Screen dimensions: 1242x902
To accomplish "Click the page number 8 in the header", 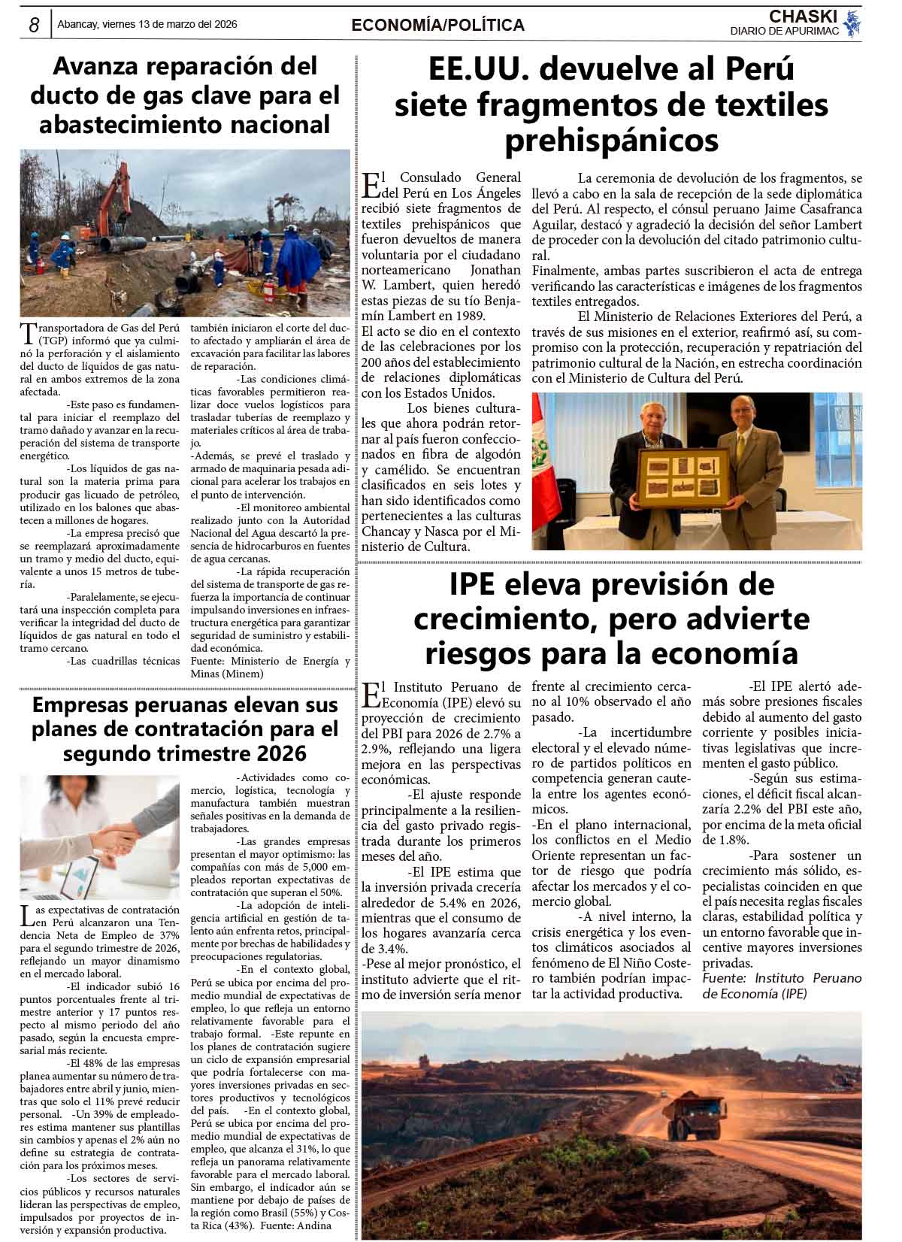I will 34,25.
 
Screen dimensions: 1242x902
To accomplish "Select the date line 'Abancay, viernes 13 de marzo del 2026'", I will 147,25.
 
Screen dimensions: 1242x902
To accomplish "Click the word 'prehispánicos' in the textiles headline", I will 611,141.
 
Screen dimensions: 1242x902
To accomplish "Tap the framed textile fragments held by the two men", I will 684,479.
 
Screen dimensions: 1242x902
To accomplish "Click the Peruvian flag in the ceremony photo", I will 541,451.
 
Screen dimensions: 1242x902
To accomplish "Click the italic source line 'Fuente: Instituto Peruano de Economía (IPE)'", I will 781,986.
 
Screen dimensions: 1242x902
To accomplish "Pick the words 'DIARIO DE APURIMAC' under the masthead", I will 784,31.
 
